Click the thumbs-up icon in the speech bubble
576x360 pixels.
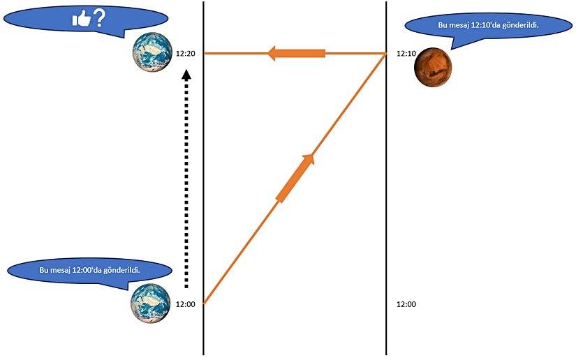[81, 19]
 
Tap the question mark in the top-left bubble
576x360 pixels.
[99, 17]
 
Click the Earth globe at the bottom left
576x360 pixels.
[151, 303]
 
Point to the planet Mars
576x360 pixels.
[433, 68]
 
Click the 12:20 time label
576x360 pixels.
[186, 54]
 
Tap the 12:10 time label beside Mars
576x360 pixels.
[406, 54]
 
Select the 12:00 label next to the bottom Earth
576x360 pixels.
[186, 304]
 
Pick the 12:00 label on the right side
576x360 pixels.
[406, 304]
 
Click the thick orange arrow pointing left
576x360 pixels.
[297, 53]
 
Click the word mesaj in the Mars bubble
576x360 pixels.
[464, 26]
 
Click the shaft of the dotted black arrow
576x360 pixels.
[186, 181]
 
